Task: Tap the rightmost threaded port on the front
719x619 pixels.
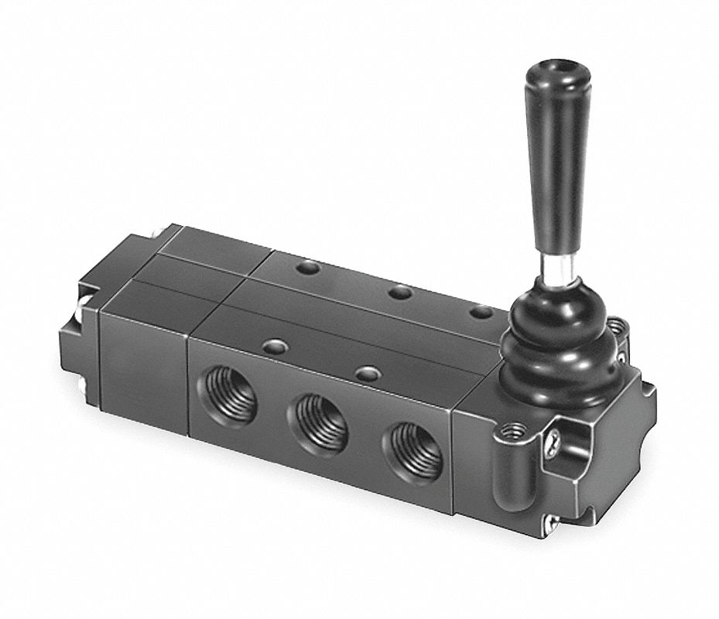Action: [x=411, y=452]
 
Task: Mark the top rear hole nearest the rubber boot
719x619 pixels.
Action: [x=481, y=312]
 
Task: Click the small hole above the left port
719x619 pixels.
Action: [x=272, y=346]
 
